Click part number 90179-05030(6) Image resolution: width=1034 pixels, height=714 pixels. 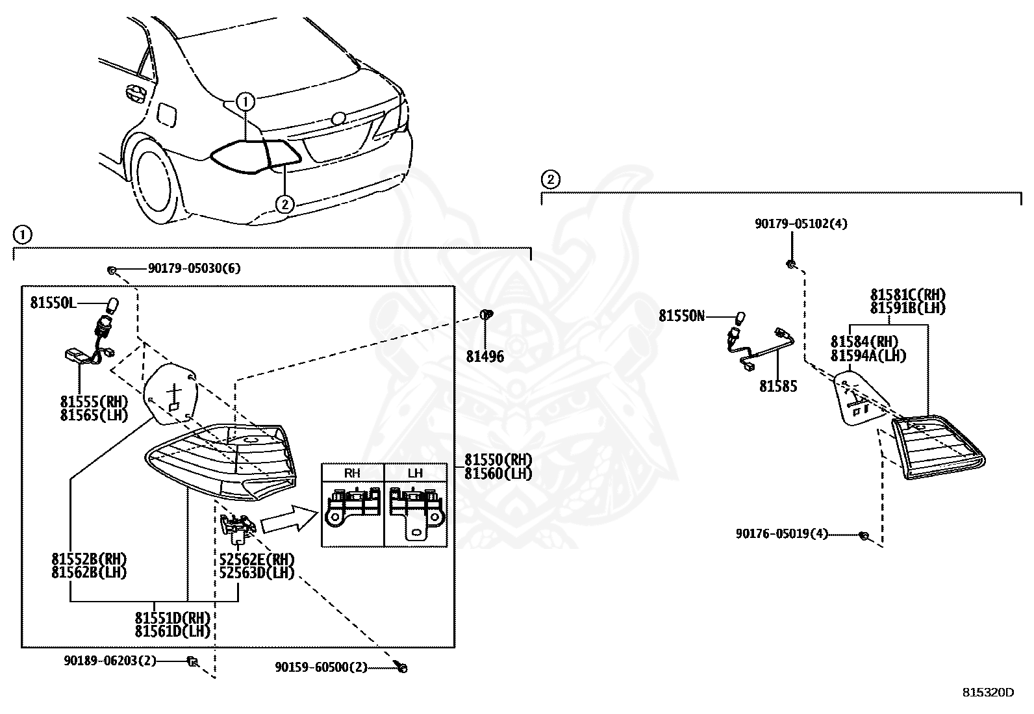click(194, 268)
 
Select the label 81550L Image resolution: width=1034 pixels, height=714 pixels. click(53, 303)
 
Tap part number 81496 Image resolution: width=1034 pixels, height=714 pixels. click(485, 356)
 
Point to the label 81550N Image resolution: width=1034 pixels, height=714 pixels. click(682, 316)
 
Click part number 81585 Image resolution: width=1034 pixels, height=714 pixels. click(778, 386)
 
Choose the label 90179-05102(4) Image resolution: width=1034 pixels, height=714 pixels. click(801, 224)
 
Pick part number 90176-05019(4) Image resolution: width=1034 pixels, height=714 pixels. click(782, 534)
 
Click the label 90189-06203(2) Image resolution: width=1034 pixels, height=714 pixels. click(110, 661)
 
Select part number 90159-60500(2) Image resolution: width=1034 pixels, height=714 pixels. click(322, 667)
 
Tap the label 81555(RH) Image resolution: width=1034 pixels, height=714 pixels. click(94, 402)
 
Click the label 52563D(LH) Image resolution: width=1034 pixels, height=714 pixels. click(257, 572)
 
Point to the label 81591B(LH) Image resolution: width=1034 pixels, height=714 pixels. click(908, 308)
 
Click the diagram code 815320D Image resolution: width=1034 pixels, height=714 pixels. click(989, 693)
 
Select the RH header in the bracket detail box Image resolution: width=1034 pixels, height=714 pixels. click(352, 473)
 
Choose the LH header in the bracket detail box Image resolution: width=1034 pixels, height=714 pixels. click(415, 473)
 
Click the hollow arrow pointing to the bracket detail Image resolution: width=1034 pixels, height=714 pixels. click(290, 518)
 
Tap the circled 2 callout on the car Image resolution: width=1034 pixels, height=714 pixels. click(284, 204)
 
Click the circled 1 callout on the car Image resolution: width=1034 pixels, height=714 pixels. click(245, 101)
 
